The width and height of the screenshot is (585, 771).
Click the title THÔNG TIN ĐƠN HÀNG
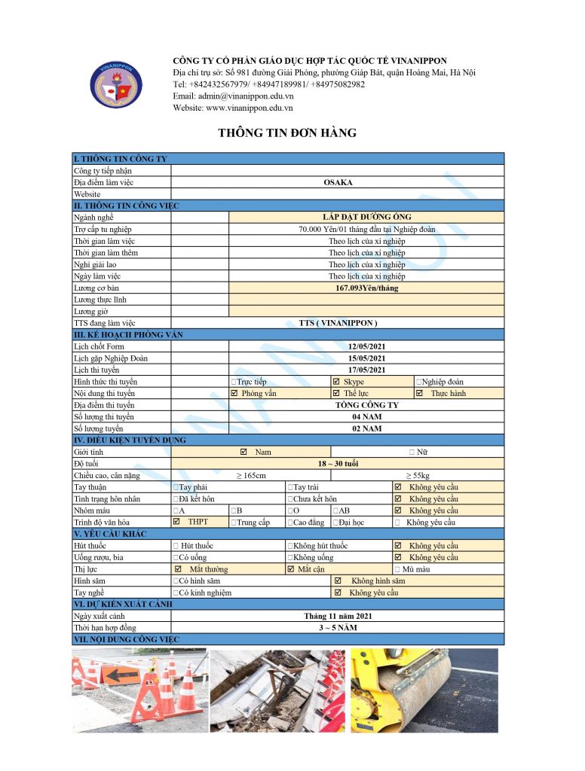pos(287,133)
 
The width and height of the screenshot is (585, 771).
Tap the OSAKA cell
pos(338,182)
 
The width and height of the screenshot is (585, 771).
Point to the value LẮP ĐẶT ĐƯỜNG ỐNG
pos(366,218)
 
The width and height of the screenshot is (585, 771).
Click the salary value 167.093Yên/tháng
pos(366,288)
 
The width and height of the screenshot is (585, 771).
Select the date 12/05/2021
pos(366,346)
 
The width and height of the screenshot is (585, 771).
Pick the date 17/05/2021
pos(366,370)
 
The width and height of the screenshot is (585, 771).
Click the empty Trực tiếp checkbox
pos(234,382)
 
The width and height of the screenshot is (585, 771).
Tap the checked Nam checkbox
pos(243,452)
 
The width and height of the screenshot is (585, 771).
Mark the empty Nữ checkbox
pos(412,452)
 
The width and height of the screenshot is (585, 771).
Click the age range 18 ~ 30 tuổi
pos(338,464)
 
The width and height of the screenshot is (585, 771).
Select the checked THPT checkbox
pos(177,521)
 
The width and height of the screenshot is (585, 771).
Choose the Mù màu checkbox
pos(397,569)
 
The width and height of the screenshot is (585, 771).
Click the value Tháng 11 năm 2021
pos(338,616)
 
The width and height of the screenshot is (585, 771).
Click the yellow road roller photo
pos(424,690)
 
